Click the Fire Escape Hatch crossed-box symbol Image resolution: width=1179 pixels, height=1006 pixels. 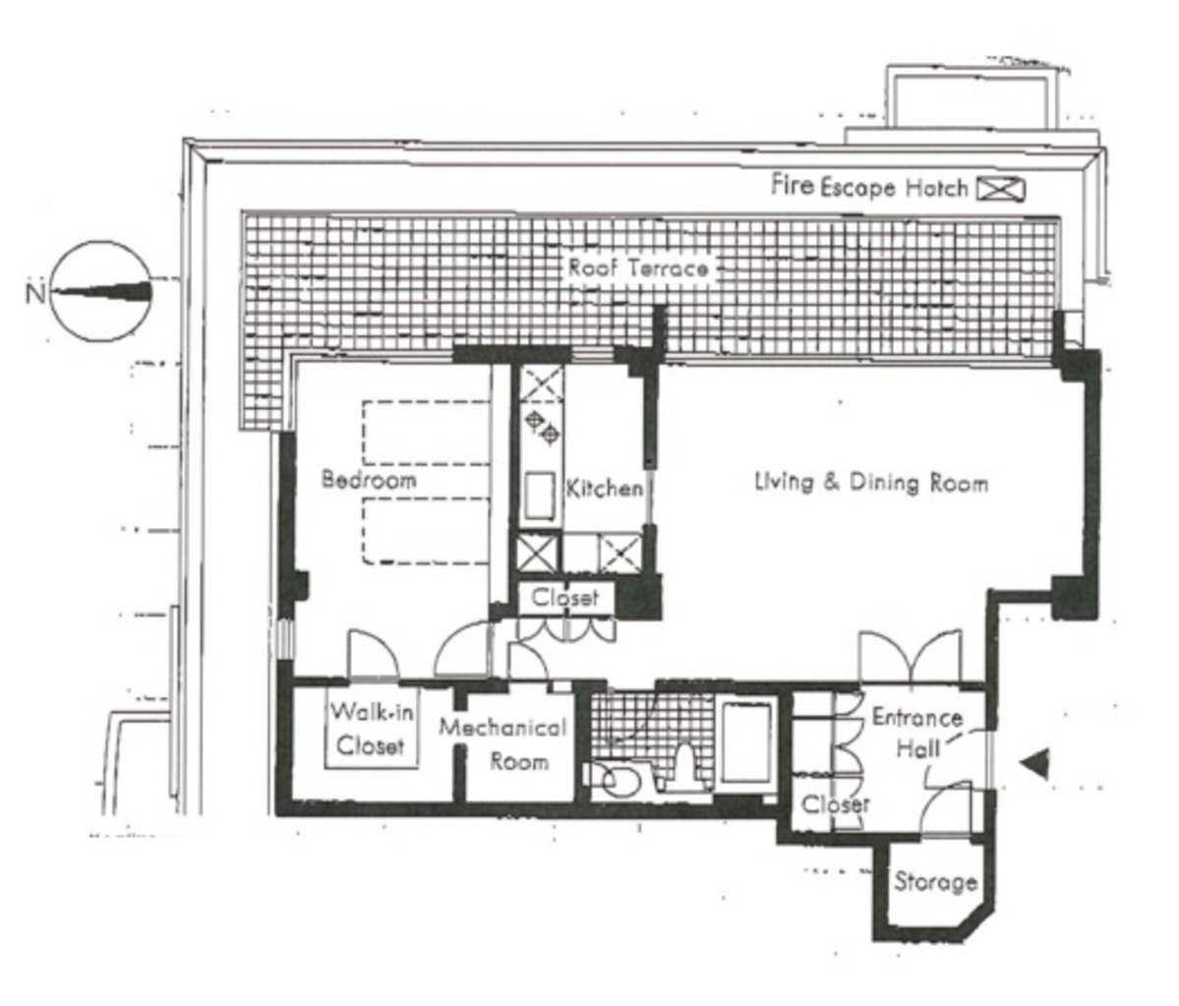1001,189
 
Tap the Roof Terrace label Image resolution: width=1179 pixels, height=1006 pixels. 638,267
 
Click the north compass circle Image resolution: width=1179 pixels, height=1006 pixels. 100,292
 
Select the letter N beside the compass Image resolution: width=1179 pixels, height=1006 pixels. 35,292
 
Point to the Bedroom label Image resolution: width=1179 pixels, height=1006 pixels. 369,479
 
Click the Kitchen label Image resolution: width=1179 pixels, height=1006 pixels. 605,488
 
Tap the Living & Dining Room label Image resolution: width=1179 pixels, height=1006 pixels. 871,482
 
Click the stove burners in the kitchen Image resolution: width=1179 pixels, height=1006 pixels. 544,427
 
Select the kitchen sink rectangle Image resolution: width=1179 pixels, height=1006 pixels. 540,495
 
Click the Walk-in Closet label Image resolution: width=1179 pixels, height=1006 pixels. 372,729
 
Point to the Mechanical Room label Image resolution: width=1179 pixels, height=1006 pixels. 503,743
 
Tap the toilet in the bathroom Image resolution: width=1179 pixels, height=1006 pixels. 684,765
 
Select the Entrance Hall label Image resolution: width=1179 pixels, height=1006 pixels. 917,733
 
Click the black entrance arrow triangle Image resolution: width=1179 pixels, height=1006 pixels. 1034,763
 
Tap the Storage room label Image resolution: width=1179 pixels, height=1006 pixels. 935,881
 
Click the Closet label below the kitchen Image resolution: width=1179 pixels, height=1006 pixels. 565,598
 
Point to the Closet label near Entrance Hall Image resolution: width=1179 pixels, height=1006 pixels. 836,803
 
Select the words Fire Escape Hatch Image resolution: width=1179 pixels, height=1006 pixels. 870,186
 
